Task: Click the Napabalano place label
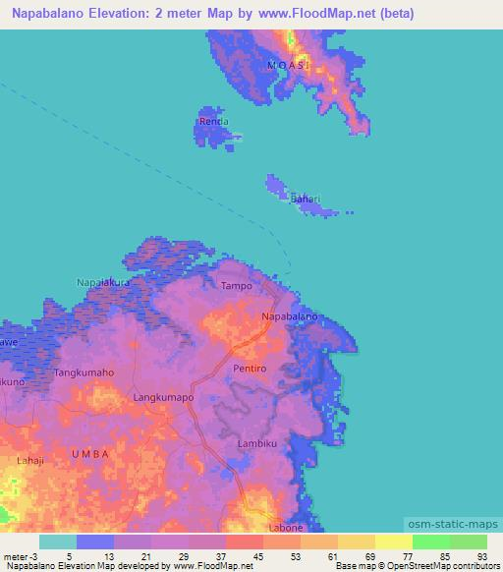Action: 289,317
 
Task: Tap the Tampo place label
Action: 237,286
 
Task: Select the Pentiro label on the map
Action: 250,368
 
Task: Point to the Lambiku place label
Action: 258,444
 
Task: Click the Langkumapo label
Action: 163,397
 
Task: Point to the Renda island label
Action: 214,122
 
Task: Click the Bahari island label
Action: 305,200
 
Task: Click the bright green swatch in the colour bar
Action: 430,542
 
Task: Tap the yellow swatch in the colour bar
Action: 393,542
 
